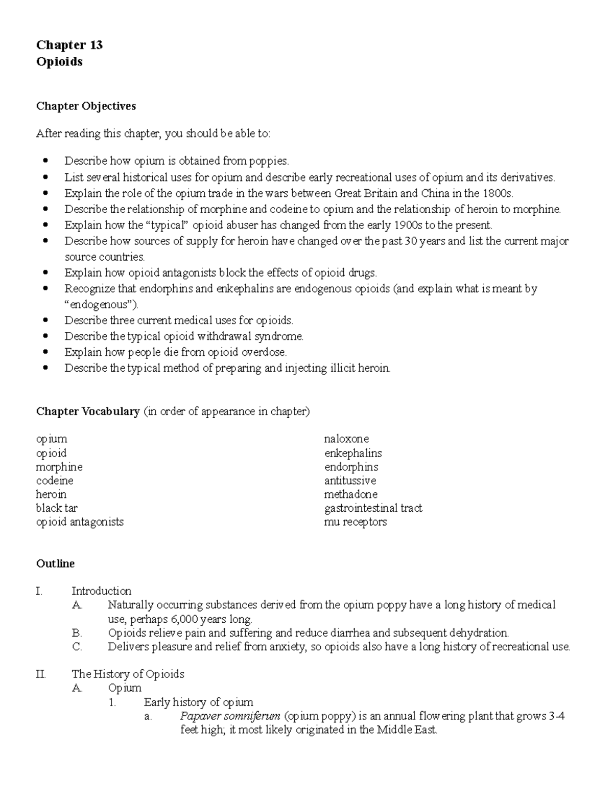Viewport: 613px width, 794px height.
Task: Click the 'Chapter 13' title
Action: coord(69,45)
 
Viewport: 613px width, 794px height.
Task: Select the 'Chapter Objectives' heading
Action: coord(86,106)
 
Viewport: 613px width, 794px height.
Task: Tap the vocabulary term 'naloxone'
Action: coord(346,439)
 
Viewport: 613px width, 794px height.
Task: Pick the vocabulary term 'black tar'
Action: coord(57,508)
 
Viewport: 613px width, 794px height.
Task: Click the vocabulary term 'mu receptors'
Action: coord(355,521)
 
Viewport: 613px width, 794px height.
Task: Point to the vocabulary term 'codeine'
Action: coord(55,480)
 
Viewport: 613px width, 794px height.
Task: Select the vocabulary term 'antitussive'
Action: coord(350,480)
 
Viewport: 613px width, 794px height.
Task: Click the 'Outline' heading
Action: coord(55,563)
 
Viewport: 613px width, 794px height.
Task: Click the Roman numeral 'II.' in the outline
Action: coord(41,674)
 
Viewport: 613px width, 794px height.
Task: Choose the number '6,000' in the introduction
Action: coord(186,619)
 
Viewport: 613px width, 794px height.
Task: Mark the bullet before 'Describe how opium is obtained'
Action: coord(46,161)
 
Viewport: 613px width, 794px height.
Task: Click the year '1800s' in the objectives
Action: coord(497,193)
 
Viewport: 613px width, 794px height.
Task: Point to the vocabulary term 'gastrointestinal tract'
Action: coord(373,508)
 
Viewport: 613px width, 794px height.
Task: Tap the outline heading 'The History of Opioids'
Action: coord(128,674)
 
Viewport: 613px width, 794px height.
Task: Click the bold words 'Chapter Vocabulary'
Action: coord(88,411)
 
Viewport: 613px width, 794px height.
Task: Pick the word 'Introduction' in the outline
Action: coord(101,591)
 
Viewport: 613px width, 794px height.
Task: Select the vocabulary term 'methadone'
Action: coord(351,494)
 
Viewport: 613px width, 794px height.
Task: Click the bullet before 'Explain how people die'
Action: coord(46,352)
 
